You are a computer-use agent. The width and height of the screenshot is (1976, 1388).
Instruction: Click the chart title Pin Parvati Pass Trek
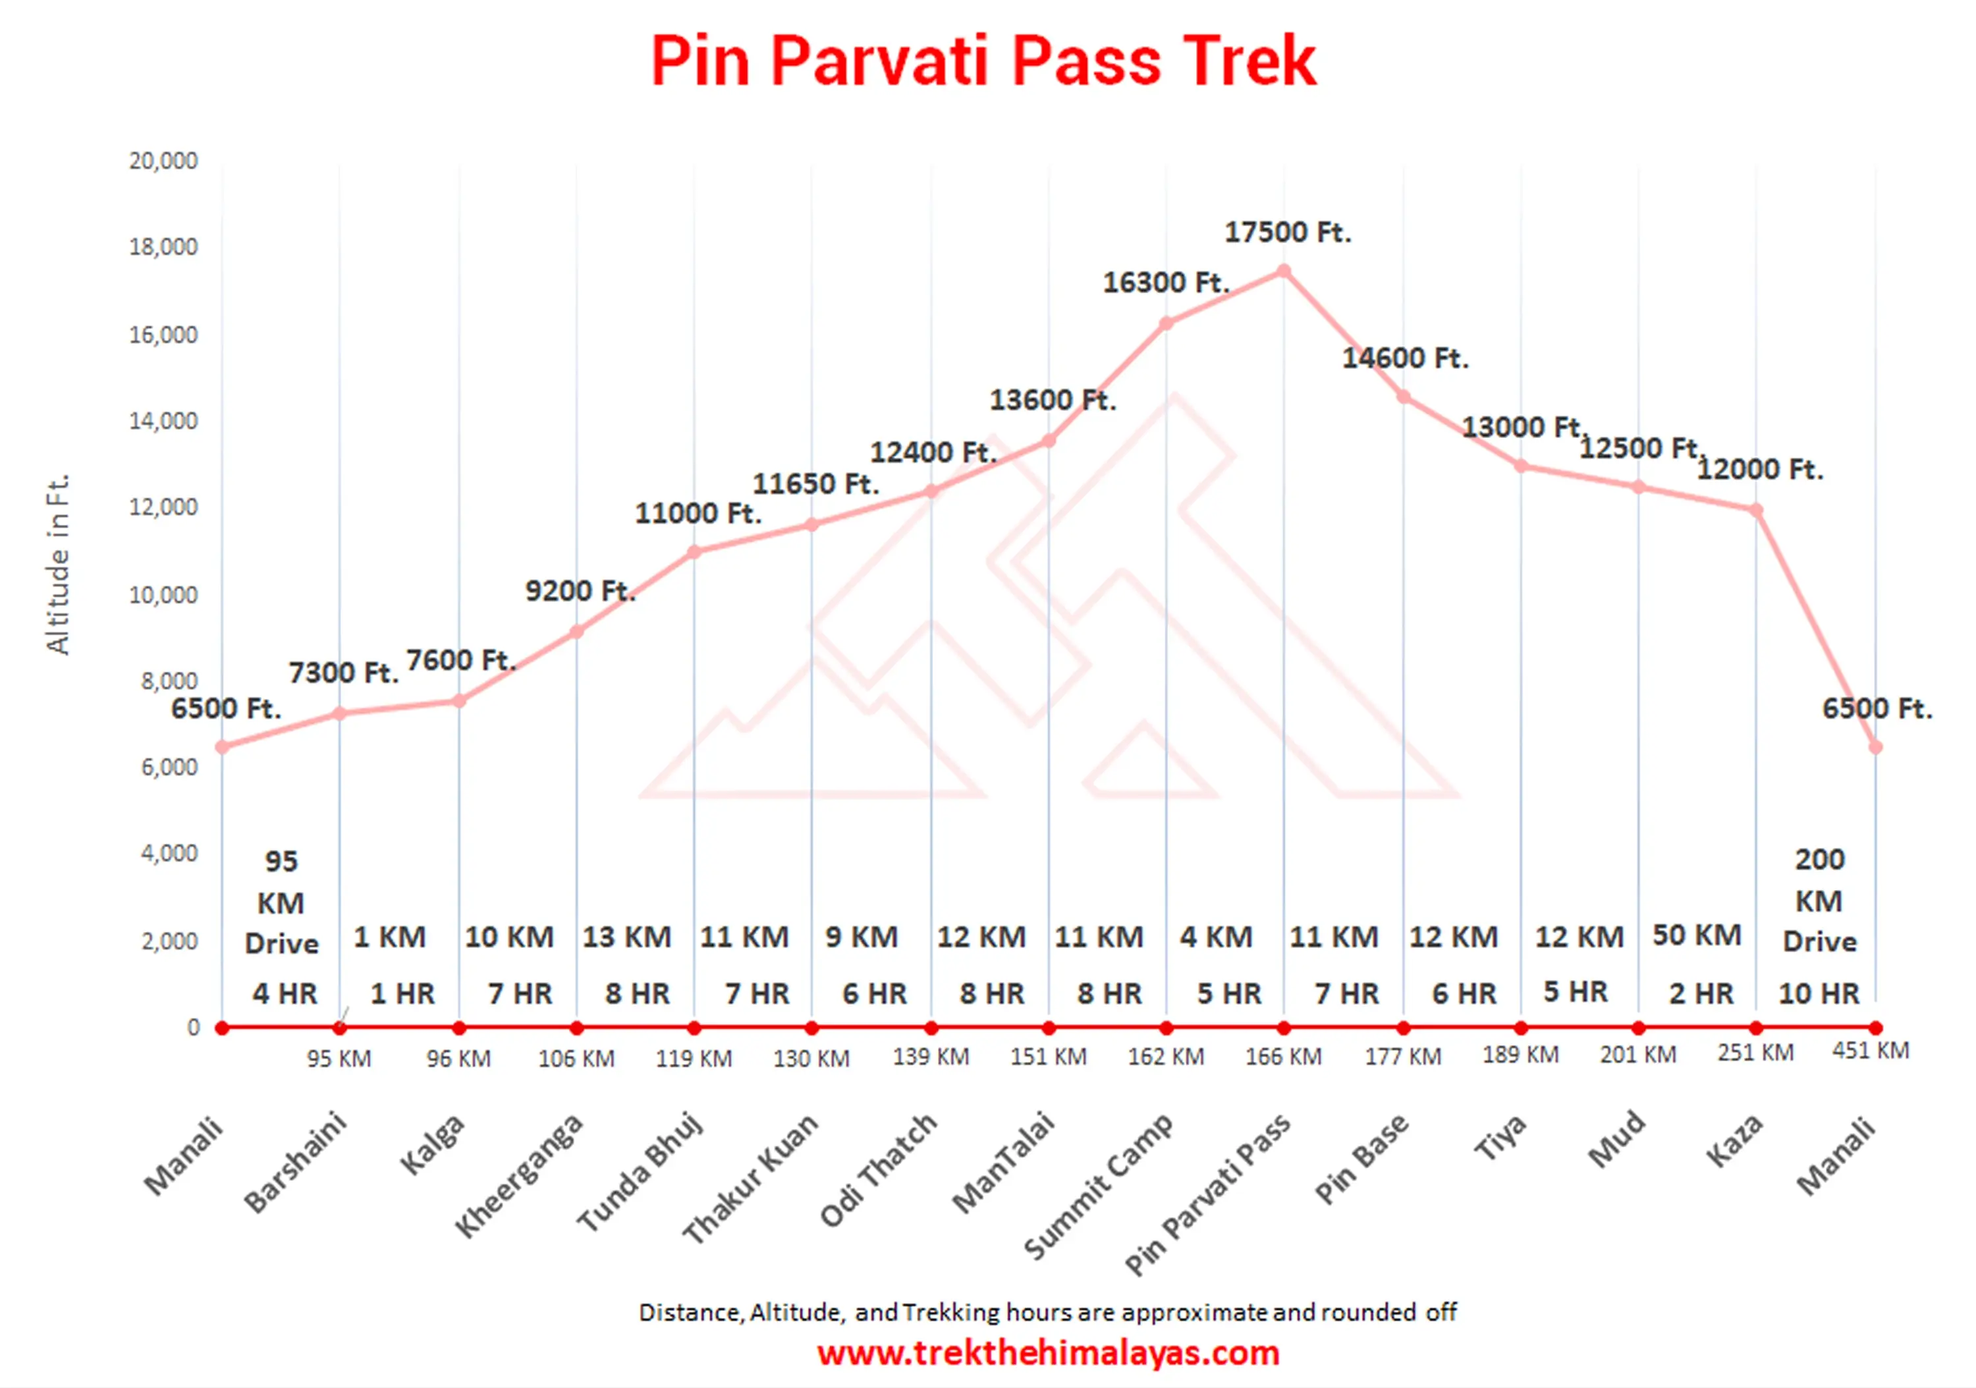pos(983,62)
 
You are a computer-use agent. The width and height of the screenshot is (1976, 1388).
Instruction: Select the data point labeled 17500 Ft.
pos(1283,271)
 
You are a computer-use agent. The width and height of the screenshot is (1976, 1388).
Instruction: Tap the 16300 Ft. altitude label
pos(1166,282)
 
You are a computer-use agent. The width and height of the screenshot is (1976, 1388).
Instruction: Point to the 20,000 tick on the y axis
pos(163,161)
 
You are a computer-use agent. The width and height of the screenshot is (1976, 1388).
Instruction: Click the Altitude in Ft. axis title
pos(58,565)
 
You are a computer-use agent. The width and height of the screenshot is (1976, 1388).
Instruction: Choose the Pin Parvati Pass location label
pos(1207,1192)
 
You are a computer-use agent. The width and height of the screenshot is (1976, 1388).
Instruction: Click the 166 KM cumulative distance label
pos(1283,1056)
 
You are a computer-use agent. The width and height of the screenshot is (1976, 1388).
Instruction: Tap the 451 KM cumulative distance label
pos(1870,1051)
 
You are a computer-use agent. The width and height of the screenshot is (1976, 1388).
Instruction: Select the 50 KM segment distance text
pos(1696,935)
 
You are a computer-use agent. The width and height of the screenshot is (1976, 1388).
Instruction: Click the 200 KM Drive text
pos(1819,900)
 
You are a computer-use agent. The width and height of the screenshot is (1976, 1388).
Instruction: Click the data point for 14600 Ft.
pos(1404,397)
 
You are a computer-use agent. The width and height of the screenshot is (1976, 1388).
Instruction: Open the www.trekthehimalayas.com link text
pos(1048,1352)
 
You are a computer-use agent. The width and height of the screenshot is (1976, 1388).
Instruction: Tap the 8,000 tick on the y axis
pos(169,682)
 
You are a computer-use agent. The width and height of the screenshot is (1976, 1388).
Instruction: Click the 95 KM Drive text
pos(281,902)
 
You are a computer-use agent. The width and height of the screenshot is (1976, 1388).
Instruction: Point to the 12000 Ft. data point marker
pos(1757,511)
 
